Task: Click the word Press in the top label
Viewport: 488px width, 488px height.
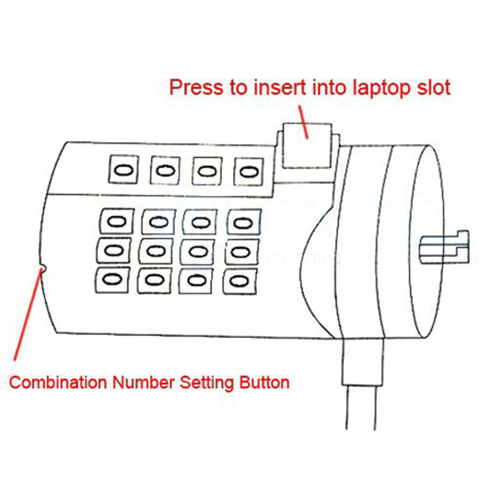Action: pyautogui.click(x=196, y=87)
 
